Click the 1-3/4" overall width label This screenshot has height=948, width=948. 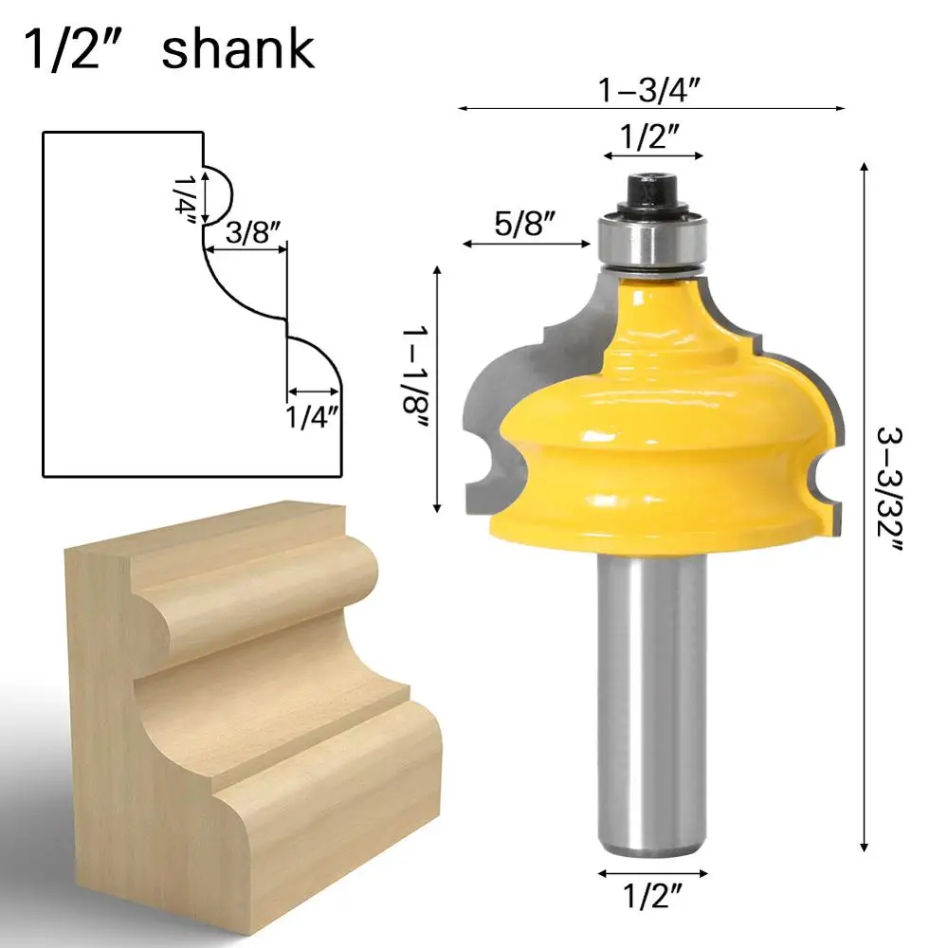coord(653,91)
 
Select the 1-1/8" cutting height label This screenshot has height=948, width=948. coord(418,389)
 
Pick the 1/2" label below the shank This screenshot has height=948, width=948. coord(653,896)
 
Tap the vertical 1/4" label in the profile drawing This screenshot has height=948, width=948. coord(186,200)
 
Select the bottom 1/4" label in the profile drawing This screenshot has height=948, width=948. coord(314,416)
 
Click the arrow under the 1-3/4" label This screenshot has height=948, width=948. coord(652,110)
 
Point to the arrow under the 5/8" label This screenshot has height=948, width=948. coord(527,245)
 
